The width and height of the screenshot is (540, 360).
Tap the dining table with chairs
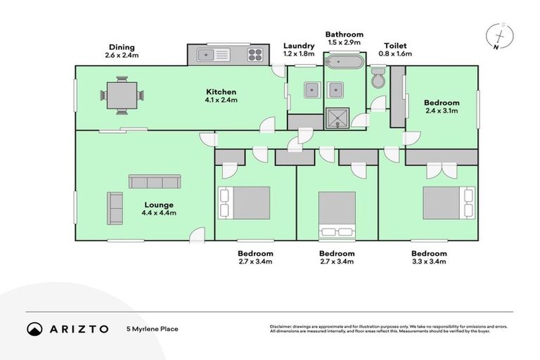(x=123, y=96)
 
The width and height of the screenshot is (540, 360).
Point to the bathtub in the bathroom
(x=344, y=63)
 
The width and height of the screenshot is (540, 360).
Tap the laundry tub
(x=309, y=89)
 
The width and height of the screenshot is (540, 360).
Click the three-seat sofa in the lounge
(x=155, y=181)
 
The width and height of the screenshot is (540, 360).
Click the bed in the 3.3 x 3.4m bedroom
(x=446, y=203)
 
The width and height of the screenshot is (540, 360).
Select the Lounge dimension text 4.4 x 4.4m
(x=157, y=214)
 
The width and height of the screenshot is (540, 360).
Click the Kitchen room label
(x=221, y=91)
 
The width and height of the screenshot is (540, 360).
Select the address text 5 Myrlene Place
(x=152, y=328)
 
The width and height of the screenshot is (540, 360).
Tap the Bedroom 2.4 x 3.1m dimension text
(x=442, y=110)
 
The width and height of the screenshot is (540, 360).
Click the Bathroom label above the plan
(x=344, y=34)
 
